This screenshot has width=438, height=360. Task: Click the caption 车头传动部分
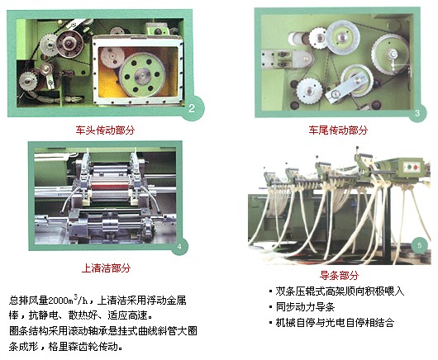click(x=105, y=130)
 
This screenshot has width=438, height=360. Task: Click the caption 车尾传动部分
click(x=338, y=130)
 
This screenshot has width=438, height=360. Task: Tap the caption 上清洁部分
click(x=106, y=268)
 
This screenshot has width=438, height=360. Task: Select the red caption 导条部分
click(x=339, y=276)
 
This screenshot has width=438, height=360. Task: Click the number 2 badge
click(x=192, y=108)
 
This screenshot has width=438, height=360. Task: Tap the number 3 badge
click(x=417, y=113)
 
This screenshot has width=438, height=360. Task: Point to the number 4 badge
click(x=179, y=246)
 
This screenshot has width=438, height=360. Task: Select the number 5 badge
click(x=419, y=245)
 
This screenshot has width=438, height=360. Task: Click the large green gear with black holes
click(x=142, y=75)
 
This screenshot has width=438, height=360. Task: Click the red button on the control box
click(x=416, y=167)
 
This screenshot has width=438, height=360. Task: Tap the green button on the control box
click(x=409, y=167)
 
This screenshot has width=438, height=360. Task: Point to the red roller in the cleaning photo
click(x=109, y=187)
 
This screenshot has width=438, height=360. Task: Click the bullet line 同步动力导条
click(x=305, y=306)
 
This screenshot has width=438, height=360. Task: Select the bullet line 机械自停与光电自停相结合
click(x=335, y=323)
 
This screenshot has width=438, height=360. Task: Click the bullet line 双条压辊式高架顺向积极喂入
click(x=340, y=291)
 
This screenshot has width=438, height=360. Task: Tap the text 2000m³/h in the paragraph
click(x=68, y=300)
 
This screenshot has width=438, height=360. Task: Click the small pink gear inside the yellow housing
click(x=112, y=58)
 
